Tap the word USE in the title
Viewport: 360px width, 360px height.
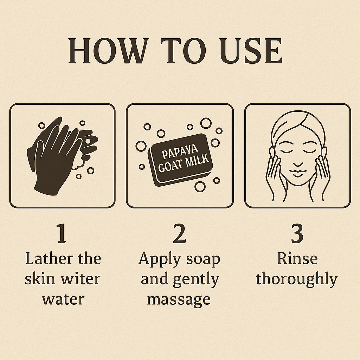pyautogui.click(x=250, y=51)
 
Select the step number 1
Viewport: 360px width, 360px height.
pyautogui.click(x=61, y=233)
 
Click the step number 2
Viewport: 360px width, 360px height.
pyautogui.click(x=179, y=233)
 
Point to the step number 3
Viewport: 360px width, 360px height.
pyautogui.click(x=297, y=233)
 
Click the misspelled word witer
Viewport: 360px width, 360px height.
pyautogui.click(x=81, y=279)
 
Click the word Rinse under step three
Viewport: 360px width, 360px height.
pyautogui.click(x=297, y=258)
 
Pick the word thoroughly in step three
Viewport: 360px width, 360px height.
pyautogui.click(x=297, y=279)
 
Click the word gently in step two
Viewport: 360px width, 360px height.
pyautogui.click(x=196, y=279)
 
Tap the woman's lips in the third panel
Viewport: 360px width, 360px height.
pyautogui.click(x=297, y=173)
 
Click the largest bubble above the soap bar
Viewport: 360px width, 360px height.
pyautogui.click(x=206, y=123)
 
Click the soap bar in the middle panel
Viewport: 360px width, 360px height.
pyautogui.click(x=180, y=160)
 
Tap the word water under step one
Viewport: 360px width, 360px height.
pyautogui.click(x=63, y=300)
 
